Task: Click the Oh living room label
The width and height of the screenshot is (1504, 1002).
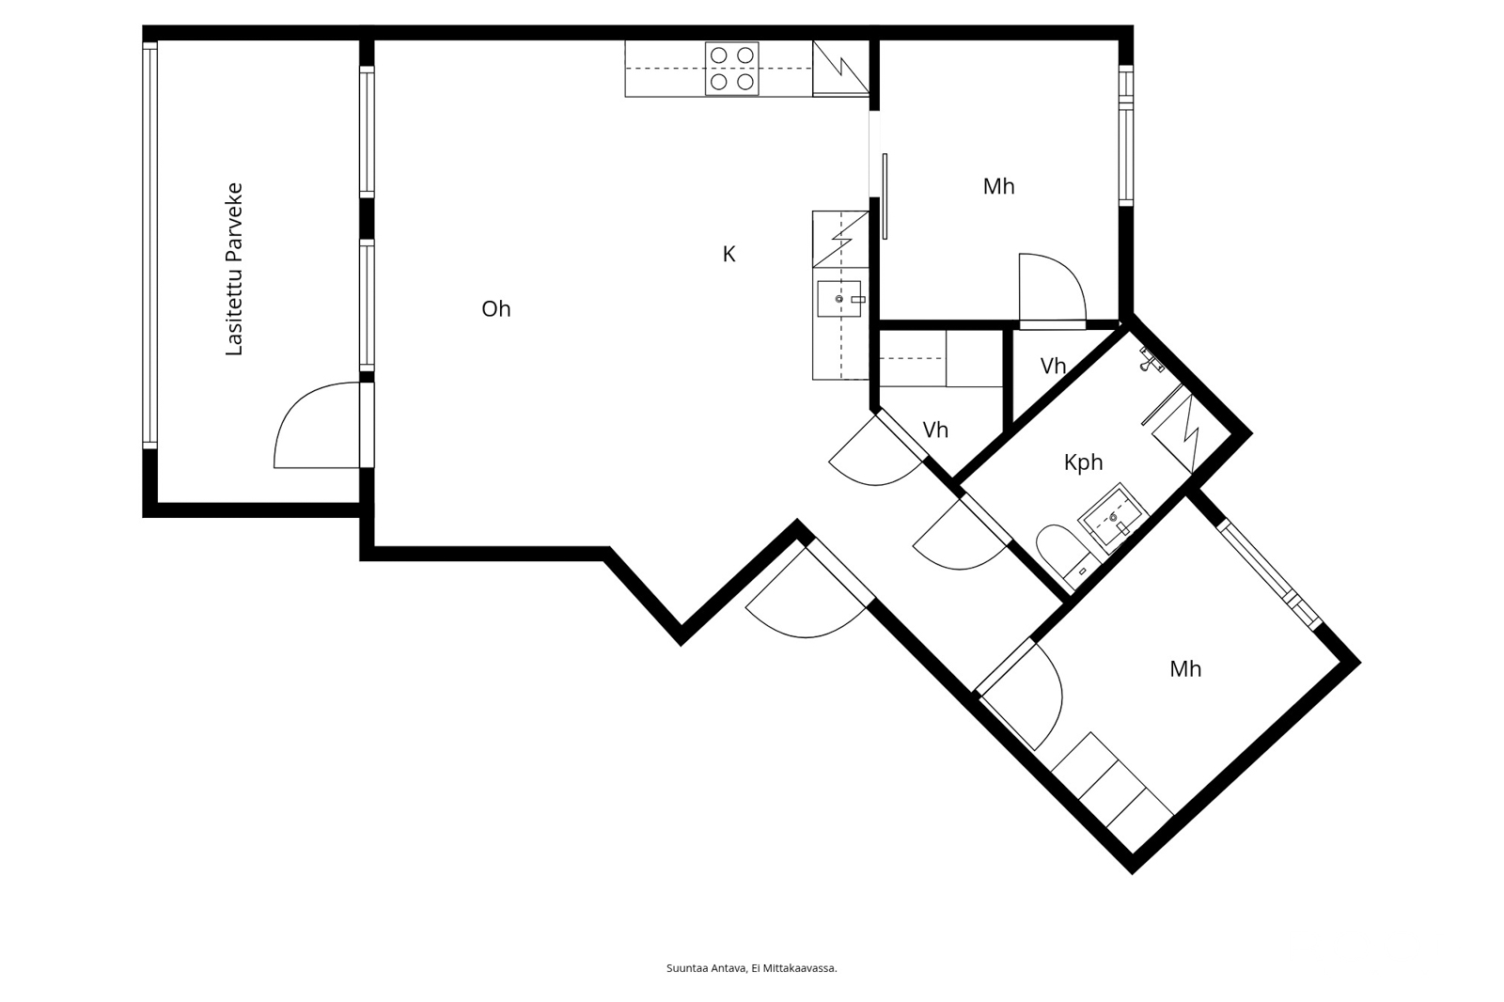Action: [x=496, y=309]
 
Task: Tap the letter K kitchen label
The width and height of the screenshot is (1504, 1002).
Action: [x=729, y=254]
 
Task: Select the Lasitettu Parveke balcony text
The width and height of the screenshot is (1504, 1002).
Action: [x=234, y=270]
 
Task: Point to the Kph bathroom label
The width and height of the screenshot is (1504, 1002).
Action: [x=1083, y=462]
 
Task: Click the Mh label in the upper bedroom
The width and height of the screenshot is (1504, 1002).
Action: [x=998, y=187]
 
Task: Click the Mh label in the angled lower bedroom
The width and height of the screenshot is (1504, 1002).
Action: [x=1185, y=669]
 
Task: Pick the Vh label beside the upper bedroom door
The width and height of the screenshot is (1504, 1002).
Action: [x=1053, y=366]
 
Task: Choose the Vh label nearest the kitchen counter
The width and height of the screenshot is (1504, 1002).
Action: [x=935, y=430]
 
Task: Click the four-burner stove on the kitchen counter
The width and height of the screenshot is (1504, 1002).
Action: [x=732, y=69]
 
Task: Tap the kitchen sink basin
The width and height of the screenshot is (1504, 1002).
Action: [x=839, y=299]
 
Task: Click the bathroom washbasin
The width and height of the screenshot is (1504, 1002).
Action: [x=1113, y=518]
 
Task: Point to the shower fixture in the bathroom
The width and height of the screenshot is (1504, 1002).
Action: [x=1151, y=359]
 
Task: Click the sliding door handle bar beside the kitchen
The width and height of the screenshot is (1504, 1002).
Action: [x=885, y=196]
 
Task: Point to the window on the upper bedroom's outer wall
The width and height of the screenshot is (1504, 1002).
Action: [x=1125, y=135]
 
